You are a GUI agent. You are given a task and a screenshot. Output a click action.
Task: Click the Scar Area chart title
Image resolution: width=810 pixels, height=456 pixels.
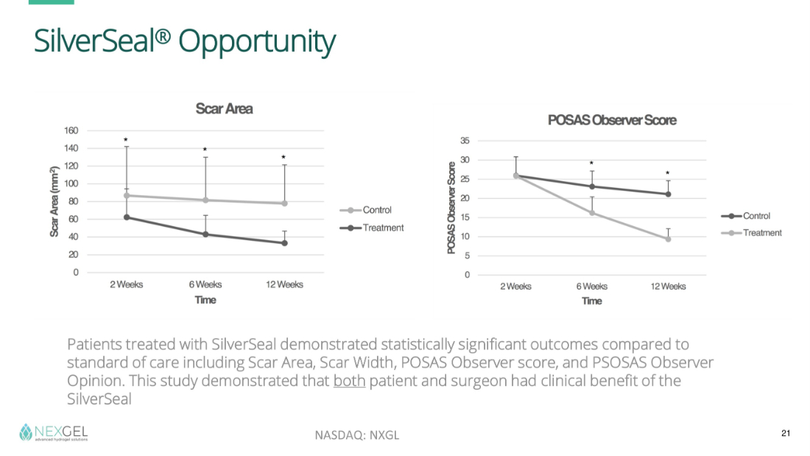click(x=224, y=109)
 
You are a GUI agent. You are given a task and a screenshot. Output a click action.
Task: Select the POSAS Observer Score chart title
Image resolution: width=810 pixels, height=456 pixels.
click(x=611, y=120)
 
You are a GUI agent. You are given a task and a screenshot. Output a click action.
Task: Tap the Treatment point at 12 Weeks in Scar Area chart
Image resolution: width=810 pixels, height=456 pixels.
click(x=284, y=243)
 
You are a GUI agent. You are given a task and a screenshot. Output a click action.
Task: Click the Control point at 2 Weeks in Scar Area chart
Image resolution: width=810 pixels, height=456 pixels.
click(x=127, y=196)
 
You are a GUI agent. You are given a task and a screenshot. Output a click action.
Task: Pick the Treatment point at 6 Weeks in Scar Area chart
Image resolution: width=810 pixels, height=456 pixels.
click(x=205, y=234)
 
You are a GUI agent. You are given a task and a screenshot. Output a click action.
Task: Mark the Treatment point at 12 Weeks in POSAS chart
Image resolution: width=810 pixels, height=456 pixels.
click(x=668, y=239)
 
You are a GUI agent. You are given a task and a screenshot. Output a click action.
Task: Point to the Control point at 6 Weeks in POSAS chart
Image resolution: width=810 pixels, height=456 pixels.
click(x=592, y=186)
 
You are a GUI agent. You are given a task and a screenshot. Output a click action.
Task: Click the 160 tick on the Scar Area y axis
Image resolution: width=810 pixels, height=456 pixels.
click(x=71, y=131)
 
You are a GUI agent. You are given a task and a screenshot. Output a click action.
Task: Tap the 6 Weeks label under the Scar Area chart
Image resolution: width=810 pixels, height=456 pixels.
click(x=205, y=284)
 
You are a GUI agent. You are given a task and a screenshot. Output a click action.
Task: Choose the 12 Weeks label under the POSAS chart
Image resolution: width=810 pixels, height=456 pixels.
click(x=668, y=287)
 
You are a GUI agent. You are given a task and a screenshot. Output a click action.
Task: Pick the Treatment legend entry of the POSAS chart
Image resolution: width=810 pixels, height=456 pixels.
click(x=762, y=233)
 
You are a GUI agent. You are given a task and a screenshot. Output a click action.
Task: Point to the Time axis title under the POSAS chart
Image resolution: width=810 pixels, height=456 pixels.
click(x=592, y=301)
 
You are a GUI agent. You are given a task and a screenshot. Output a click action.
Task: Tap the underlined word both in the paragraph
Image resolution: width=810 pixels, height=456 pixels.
click(x=349, y=382)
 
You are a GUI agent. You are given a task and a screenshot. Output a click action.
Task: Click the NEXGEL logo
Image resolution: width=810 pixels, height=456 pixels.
click(x=54, y=432)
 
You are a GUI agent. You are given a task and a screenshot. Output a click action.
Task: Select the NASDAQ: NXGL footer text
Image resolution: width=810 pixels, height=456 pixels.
click(x=357, y=435)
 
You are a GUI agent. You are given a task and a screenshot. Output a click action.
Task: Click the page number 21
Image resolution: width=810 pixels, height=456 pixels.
click(x=785, y=433)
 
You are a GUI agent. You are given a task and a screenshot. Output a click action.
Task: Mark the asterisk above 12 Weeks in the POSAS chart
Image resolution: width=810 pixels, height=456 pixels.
click(x=668, y=175)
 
